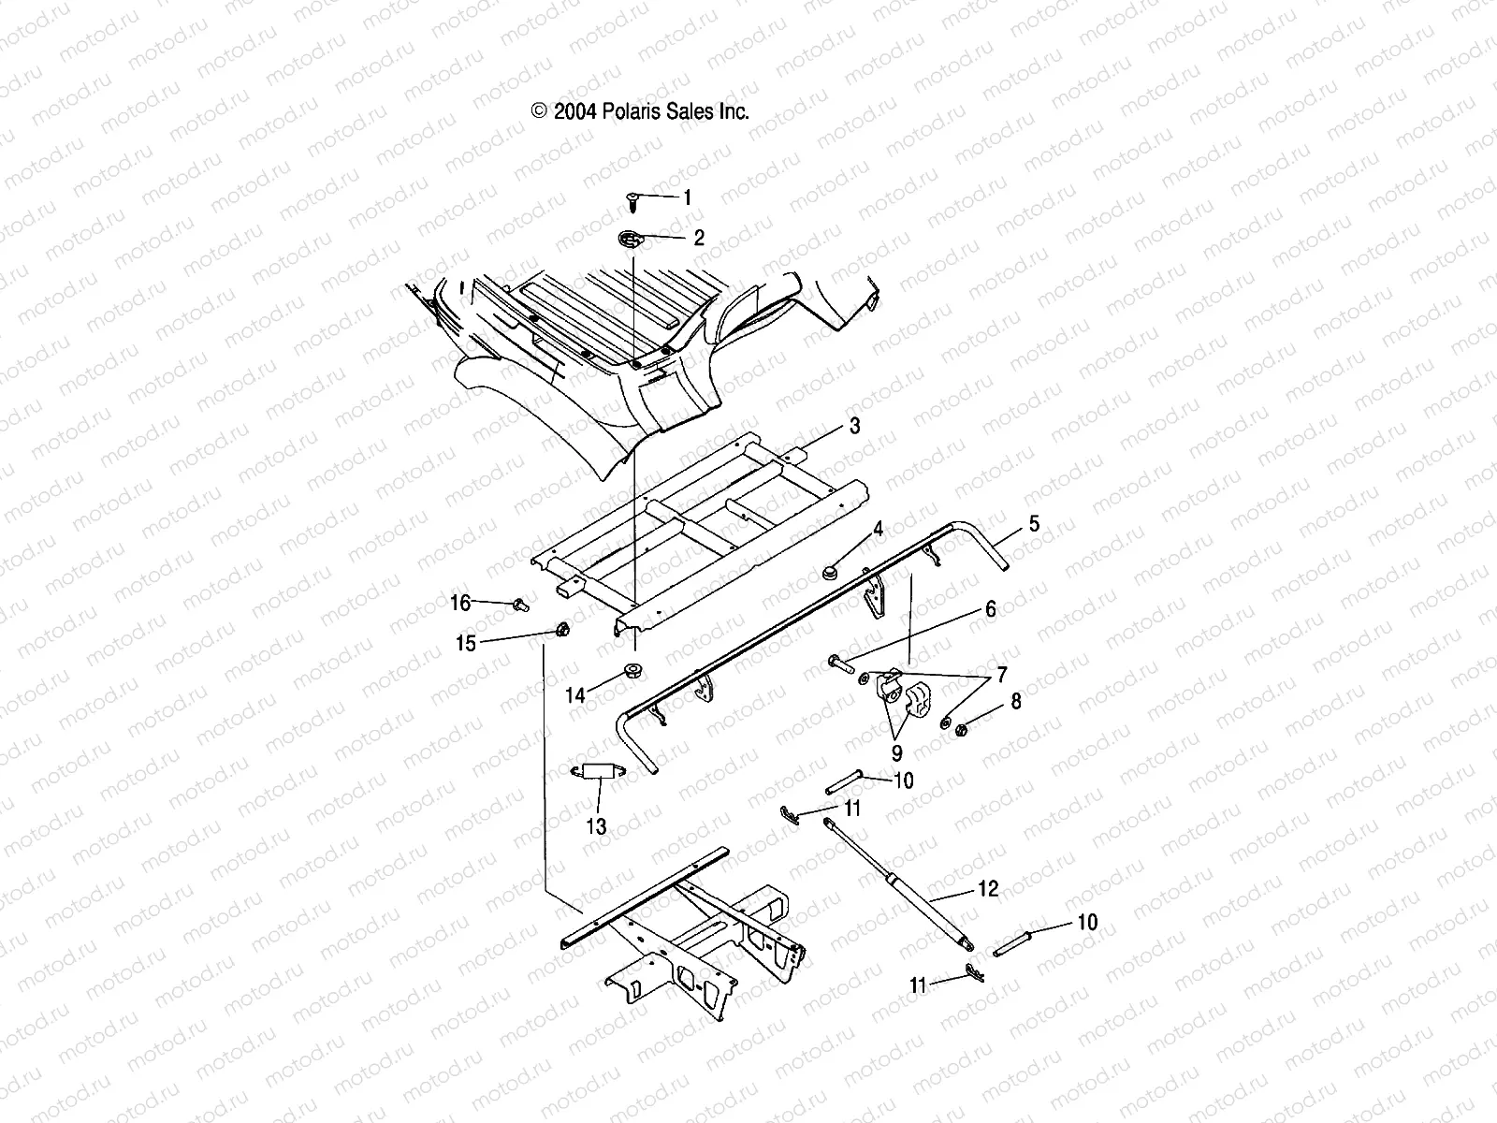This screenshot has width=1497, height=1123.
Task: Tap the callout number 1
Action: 688,197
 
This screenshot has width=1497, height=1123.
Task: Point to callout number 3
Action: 854,427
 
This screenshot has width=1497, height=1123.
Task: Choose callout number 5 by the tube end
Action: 1034,524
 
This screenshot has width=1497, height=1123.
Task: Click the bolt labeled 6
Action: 838,664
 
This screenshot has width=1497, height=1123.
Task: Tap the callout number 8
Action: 1016,700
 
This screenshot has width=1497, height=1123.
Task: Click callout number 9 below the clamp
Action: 896,751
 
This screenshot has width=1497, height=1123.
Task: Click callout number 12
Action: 989,888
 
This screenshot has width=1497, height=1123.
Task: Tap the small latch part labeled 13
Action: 596,771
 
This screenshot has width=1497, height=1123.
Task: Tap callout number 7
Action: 1002,674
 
